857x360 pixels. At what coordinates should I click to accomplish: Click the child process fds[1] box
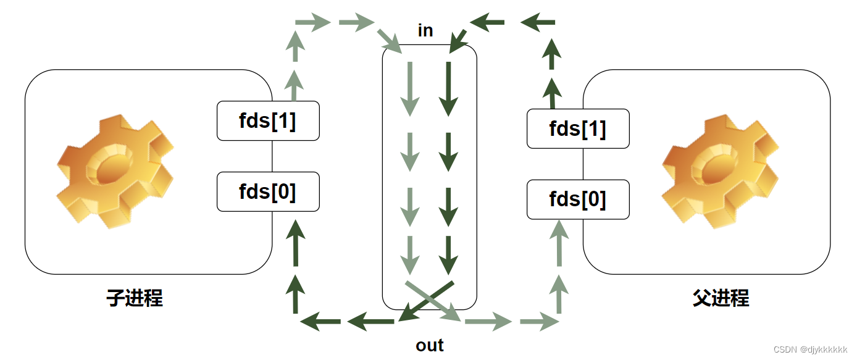pos(268,121)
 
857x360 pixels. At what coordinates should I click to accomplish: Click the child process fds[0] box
pos(268,191)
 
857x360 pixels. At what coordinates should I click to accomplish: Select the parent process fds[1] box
pos(578,128)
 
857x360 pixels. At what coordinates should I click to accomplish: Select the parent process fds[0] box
pos(578,199)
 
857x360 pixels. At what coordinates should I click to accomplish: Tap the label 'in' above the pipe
pos(425,31)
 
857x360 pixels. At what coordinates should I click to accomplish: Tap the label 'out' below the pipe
pos(430,345)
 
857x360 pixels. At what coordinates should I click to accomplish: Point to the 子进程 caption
pos(135,298)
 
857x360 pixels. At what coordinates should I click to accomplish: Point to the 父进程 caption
pos(721,298)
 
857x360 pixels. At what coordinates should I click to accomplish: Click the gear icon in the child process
pos(115,170)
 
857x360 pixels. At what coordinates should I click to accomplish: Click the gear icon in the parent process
pos(720,170)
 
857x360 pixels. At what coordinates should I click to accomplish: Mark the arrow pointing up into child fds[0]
pos(296,241)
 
